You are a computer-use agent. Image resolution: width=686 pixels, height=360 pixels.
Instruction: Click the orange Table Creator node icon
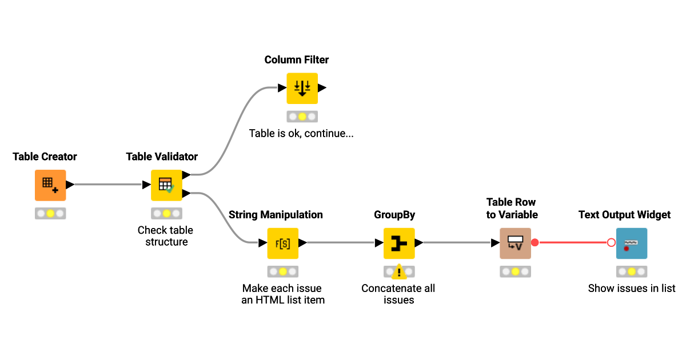(x=50, y=185)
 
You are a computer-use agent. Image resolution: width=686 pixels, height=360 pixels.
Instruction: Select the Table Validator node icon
(x=166, y=185)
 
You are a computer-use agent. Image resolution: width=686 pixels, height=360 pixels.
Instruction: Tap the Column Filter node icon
(x=302, y=88)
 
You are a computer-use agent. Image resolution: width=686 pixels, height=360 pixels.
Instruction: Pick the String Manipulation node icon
(x=282, y=243)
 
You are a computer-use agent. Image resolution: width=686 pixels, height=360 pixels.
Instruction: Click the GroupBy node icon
(x=399, y=243)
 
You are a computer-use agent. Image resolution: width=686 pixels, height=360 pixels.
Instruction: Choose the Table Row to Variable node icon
(x=515, y=243)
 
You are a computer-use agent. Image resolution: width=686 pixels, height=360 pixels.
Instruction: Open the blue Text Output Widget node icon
(x=631, y=243)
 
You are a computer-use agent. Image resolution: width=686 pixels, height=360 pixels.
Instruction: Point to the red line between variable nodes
(x=572, y=243)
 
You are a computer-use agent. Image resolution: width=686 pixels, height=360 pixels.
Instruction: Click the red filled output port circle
(x=535, y=243)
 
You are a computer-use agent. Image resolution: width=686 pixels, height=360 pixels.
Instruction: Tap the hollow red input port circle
(x=611, y=243)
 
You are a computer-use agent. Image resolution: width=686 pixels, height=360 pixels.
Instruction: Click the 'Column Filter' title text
(x=296, y=60)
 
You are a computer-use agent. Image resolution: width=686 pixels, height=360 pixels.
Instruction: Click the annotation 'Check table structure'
(x=166, y=236)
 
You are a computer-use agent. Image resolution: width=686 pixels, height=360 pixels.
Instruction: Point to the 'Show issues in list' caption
(x=632, y=289)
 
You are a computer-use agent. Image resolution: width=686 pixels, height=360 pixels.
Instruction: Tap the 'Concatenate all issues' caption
(x=398, y=294)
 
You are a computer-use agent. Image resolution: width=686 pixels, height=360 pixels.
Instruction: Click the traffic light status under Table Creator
(x=50, y=214)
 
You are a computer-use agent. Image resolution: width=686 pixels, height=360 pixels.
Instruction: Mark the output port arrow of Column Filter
(x=322, y=88)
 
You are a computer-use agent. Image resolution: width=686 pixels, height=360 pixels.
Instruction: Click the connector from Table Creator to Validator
(x=109, y=185)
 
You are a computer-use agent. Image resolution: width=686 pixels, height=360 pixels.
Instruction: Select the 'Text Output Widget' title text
(x=624, y=215)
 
